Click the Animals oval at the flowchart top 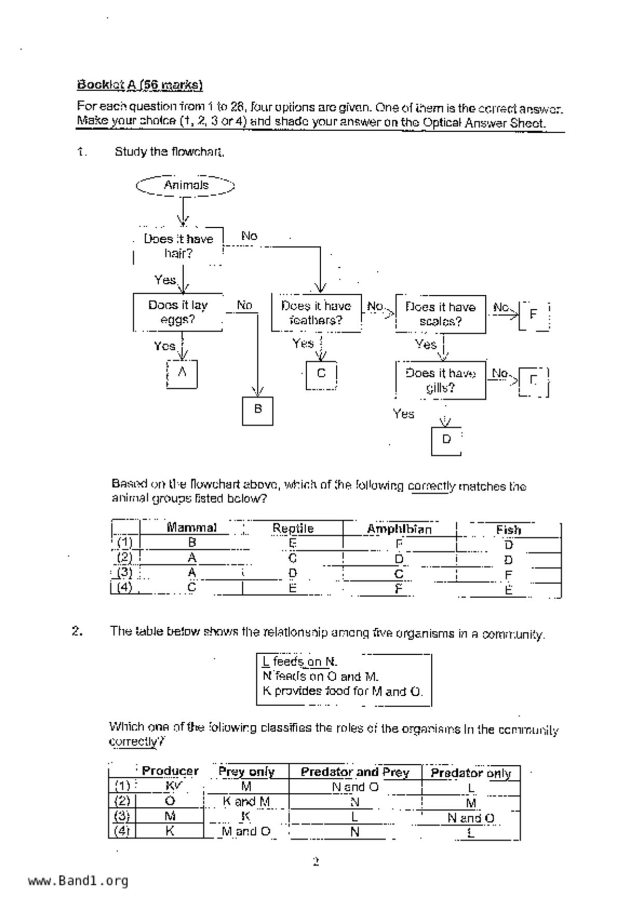click(x=185, y=185)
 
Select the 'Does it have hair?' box click(x=178, y=246)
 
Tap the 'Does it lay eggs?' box click(x=178, y=312)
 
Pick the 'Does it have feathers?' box click(x=316, y=313)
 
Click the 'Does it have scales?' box click(x=441, y=314)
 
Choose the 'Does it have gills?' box click(x=441, y=380)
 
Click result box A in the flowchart click(x=182, y=373)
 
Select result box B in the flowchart click(x=257, y=410)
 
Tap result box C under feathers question click(x=321, y=374)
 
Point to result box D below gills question click(x=446, y=440)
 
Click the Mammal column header click(x=191, y=528)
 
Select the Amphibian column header click(x=399, y=529)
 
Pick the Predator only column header click(x=471, y=773)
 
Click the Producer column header click(x=170, y=771)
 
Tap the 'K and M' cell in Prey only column click(x=246, y=802)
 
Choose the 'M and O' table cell click(x=246, y=831)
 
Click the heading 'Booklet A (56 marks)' click(x=140, y=85)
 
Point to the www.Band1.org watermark click(x=78, y=880)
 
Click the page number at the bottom click(x=316, y=862)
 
